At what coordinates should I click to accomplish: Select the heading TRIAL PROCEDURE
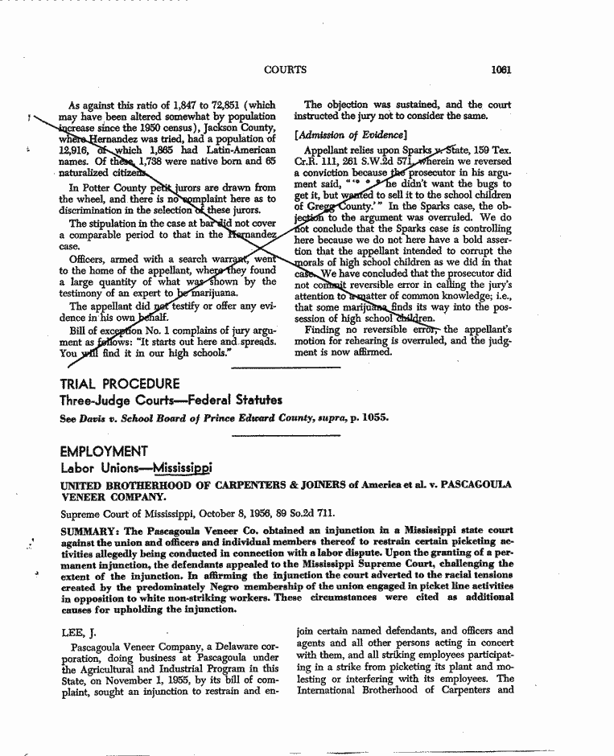coord(120,384)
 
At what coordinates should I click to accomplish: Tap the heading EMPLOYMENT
coord(104,451)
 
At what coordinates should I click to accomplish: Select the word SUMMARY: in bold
coord(91,531)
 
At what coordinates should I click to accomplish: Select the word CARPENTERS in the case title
coord(233,485)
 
